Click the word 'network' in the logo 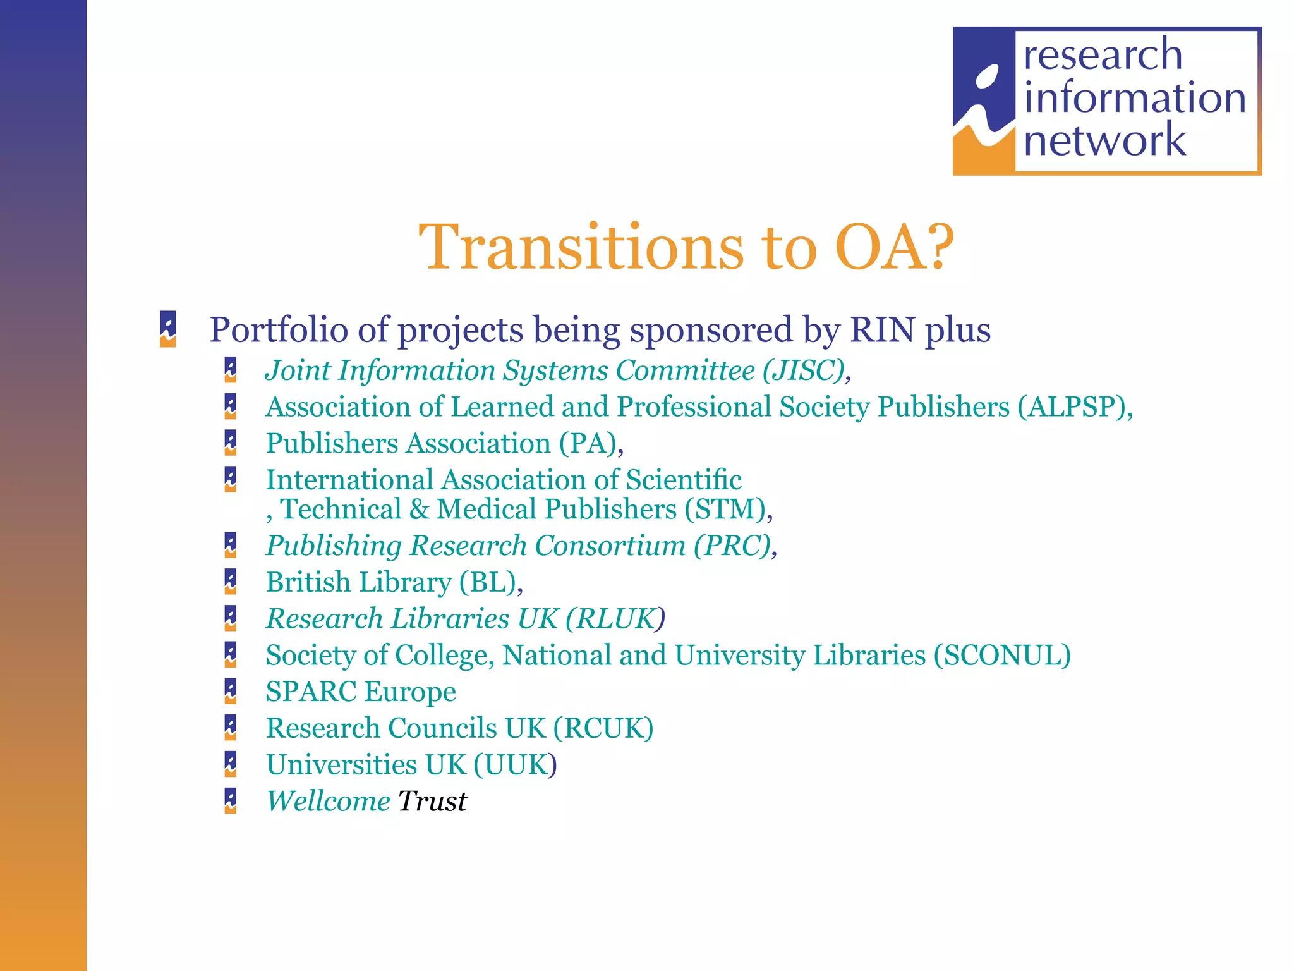pyautogui.click(x=1104, y=140)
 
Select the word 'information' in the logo pyautogui.click(x=1135, y=98)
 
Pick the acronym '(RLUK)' pyautogui.click(x=615, y=619)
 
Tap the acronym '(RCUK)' pyautogui.click(x=603, y=728)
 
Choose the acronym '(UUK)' pyautogui.click(x=516, y=765)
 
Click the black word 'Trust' pyautogui.click(x=433, y=802)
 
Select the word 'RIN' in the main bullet pyautogui.click(x=883, y=330)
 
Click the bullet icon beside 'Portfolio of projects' pyautogui.click(x=168, y=329)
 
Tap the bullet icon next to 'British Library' pyautogui.click(x=231, y=582)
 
